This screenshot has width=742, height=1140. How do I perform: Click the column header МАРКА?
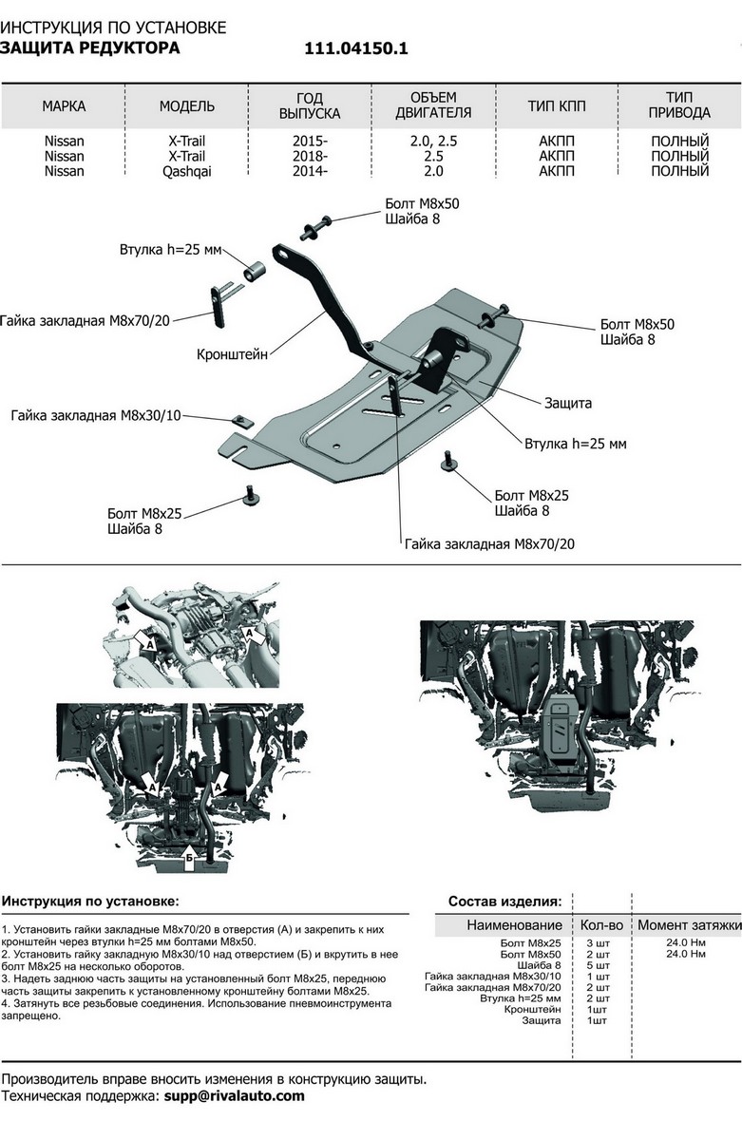click(64, 105)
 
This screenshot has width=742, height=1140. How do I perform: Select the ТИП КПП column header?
click(557, 105)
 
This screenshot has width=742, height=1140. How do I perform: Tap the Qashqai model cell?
click(186, 171)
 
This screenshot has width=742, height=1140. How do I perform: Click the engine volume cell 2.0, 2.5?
click(432, 141)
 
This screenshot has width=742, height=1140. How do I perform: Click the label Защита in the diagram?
click(567, 403)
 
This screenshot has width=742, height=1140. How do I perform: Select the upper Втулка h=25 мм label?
click(170, 251)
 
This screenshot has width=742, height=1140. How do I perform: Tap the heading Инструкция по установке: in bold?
click(90, 900)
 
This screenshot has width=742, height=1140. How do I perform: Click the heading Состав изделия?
click(504, 901)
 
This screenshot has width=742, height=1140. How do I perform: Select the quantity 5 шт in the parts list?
click(597, 965)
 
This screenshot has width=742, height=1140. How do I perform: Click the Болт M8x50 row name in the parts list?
click(531, 953)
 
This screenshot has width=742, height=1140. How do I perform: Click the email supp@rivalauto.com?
click(248, 1095)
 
